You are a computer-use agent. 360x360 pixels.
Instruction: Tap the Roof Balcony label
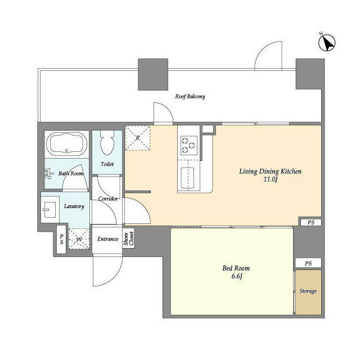tap(190, 96)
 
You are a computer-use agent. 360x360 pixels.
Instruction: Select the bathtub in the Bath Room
tap(66, 144)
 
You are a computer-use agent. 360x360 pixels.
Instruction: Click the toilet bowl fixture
tap(107, 143)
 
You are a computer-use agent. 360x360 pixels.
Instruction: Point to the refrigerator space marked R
tap(137, 138)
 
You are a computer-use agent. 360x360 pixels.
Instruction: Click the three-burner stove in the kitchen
tap(189, 145)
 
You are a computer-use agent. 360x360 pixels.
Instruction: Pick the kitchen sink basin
tap(187, 178)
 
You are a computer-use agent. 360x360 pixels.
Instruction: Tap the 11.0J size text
tap(270, 179)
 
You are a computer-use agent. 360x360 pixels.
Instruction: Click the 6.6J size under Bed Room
tap(236, 276)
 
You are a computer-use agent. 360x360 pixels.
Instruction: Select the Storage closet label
tap(308, 291)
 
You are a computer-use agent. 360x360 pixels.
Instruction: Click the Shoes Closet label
tap(129, 238)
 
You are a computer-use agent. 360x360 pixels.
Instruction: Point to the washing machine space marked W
tap(79, 239)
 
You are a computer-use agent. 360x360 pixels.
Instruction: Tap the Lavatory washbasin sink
tap(49, 210)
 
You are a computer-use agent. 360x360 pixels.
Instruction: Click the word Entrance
tap(107, 239)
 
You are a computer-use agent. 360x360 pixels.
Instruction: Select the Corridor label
tap(108, 199)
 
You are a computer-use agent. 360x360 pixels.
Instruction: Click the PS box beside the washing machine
tap(61, 240)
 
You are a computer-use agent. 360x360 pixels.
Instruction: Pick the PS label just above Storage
tap(308, 263)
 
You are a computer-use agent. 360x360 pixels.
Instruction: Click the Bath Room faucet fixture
tap(48, 174)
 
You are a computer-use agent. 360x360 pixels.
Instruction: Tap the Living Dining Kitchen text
tap(270, 172)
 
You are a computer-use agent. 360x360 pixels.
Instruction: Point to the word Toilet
tap(107, 164)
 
